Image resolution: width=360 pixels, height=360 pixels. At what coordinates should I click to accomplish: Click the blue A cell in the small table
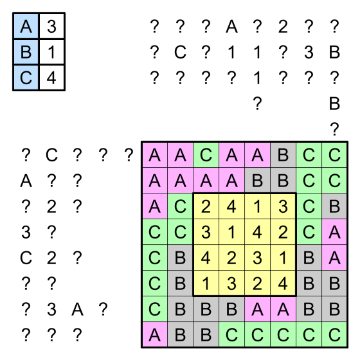(x=26, y=26)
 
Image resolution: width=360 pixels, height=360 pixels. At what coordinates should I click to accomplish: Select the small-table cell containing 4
(x=51, y=78)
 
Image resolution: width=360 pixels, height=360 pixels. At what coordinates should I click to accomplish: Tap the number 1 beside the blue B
(x=51, y=52)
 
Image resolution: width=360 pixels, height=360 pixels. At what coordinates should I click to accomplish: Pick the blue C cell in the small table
(x=26, y=78)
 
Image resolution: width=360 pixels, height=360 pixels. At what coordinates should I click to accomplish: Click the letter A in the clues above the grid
(x=231, y=26)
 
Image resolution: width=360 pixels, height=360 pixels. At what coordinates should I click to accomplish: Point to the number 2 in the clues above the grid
(x=283, y=26)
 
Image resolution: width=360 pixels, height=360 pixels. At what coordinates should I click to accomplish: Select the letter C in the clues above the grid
(x=180, y=52)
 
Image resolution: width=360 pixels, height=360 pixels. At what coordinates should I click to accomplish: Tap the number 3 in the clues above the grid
(x=309, y=52)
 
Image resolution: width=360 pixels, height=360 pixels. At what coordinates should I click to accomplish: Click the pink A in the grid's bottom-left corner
(x=154, y=335)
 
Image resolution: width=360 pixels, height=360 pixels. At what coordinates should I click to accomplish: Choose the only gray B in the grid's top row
(x=283, y=155)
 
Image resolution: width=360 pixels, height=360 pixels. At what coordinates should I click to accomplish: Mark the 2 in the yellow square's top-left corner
(x=206, y=206)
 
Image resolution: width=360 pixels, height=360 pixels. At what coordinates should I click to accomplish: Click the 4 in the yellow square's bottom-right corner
(x=283, y=283)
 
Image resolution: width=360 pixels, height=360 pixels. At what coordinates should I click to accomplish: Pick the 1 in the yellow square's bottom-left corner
(x=206, y=283)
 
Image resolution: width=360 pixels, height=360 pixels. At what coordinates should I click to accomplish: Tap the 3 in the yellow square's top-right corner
(x=283, y=206)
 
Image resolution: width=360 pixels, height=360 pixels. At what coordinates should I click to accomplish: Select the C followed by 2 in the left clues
(x=26, y=258)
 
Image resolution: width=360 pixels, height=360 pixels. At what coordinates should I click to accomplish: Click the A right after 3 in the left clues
(x=77, y=309)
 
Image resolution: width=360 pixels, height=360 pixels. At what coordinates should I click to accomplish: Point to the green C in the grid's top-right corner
(x=334, y=155)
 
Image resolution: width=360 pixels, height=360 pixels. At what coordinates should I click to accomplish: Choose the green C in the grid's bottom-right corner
(x=334, y=335)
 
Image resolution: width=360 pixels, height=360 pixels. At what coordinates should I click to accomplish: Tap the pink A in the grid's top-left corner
(x=154, y=155)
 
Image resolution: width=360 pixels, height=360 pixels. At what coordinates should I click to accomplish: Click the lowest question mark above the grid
(x=334, y=129)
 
